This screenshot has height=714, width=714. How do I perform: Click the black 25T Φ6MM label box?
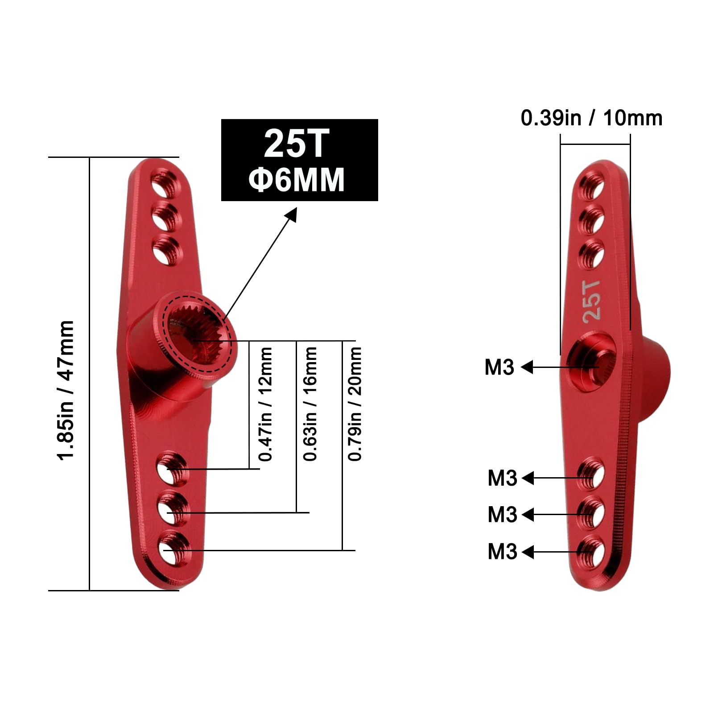point(299,160)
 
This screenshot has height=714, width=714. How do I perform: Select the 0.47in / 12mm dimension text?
point(265,404)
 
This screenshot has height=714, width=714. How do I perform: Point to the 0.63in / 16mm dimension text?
point(310,404)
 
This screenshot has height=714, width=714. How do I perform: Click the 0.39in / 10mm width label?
point(591,118)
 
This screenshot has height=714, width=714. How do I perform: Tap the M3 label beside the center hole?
point(499,367)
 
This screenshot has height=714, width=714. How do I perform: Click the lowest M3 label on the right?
point(502,552)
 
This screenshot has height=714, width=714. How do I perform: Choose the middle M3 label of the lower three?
point(502,515)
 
